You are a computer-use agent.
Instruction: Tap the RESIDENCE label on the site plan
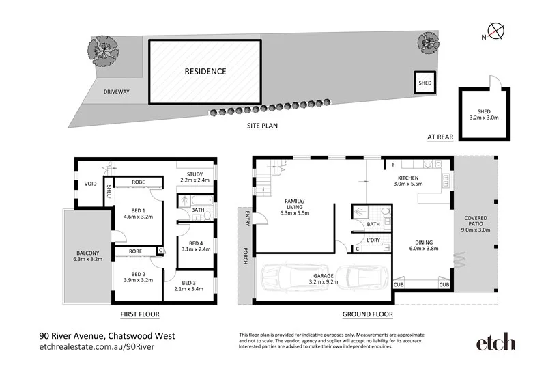tap(205, 71)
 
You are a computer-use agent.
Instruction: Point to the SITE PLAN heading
tap(262, 126)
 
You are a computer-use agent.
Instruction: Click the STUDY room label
tap(195, 176)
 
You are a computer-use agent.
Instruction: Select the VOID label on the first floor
tap(89, 184)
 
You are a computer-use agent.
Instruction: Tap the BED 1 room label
tap(137, 212)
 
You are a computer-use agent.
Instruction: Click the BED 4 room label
tap(196, 247)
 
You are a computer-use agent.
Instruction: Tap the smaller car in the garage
tap(361, 277)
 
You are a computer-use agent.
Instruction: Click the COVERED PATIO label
tap(476, 225)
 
